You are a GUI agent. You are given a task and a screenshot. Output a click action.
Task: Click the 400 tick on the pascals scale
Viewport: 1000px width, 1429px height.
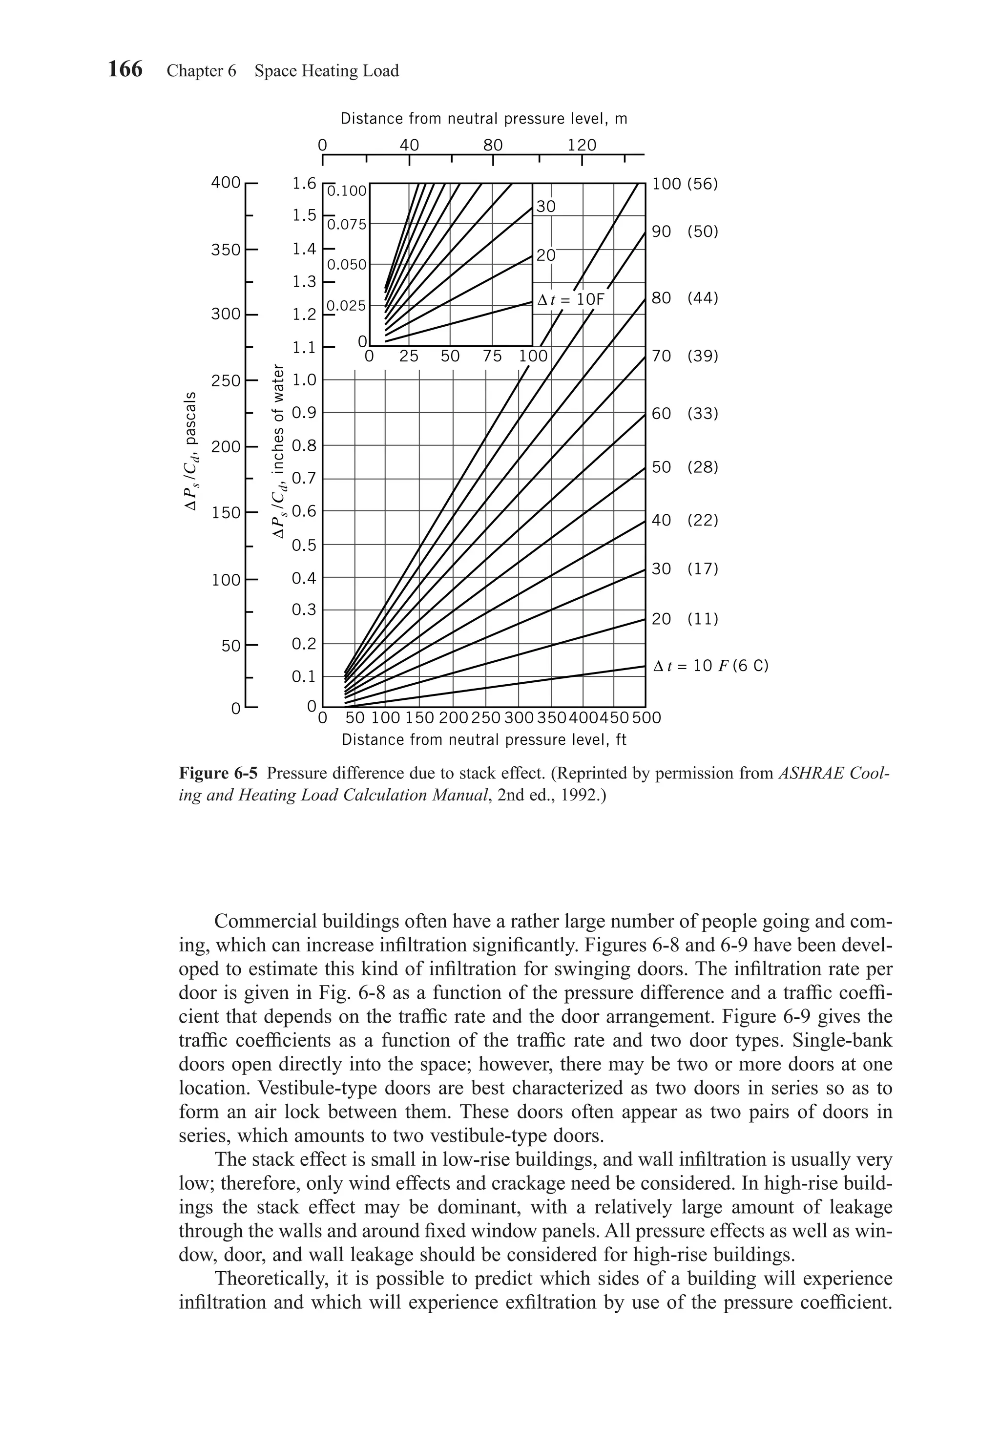coord(225,182)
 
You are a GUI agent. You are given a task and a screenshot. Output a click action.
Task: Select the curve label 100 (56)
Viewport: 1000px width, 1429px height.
coord(685,184)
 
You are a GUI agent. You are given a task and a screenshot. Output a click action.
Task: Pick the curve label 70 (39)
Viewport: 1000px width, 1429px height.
coord(685,356)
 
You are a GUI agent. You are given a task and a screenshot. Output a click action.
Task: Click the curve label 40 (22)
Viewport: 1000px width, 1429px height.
coord(685,520)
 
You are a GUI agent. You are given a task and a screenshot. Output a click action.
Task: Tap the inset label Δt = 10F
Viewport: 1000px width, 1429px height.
coord(571,299)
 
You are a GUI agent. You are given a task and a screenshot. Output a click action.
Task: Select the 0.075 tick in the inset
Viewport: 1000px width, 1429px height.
coord(347,225)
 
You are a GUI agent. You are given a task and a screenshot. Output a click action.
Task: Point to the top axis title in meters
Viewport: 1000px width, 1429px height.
coord(483,118)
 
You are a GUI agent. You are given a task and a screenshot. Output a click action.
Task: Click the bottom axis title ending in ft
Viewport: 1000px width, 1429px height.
coord(483,740)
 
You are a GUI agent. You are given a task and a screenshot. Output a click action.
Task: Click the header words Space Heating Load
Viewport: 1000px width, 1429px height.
coord(326,71)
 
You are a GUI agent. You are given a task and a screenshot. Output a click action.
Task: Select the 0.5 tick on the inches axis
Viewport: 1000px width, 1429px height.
coord(304,545)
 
